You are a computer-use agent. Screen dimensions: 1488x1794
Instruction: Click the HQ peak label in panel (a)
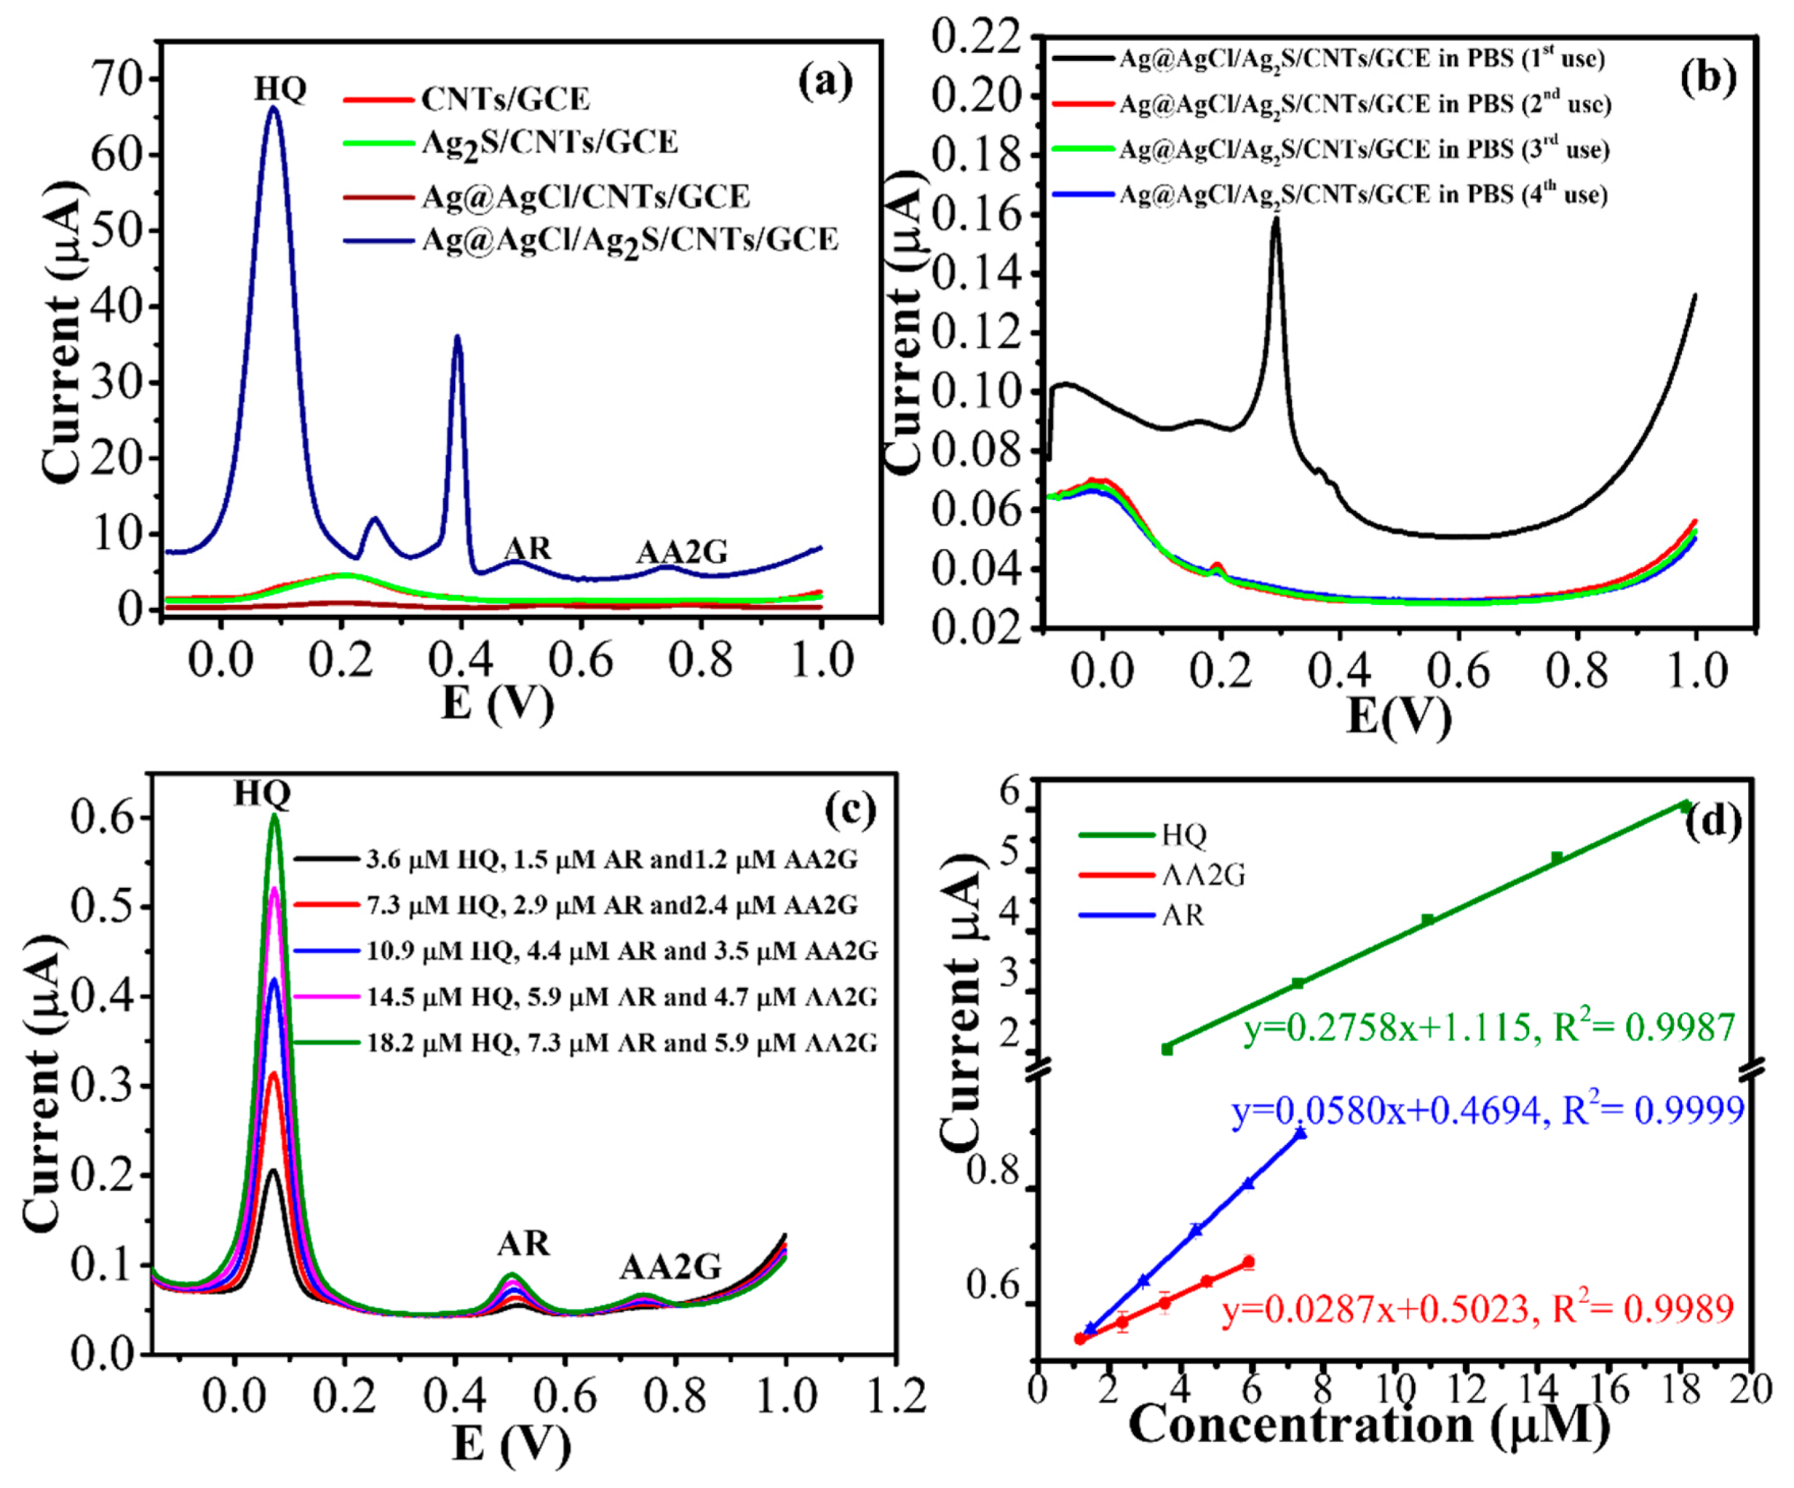point(279,89)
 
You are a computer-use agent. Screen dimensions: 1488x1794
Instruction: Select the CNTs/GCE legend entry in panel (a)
point(505,100)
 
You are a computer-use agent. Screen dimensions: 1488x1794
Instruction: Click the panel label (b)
point(1707,79)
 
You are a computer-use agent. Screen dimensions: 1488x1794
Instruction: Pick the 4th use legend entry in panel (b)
point(1362,196)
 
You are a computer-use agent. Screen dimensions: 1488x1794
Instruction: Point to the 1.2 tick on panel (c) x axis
point(894,1396)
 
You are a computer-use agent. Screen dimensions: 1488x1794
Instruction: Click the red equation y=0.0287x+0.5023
point(1478,1308)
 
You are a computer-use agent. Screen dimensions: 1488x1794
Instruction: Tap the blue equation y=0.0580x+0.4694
point(1486,1110)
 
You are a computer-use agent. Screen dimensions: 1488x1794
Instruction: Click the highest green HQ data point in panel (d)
point(1686,806)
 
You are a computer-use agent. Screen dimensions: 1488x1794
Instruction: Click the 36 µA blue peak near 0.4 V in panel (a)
point(458,338)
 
